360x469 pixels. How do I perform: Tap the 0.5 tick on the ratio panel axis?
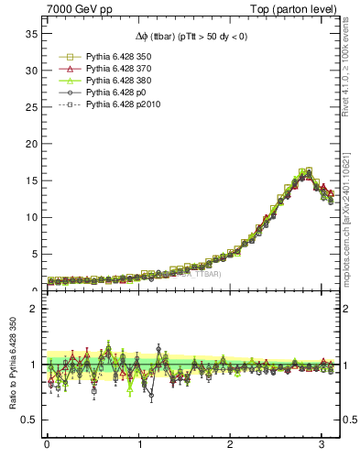tap(27, 420)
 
